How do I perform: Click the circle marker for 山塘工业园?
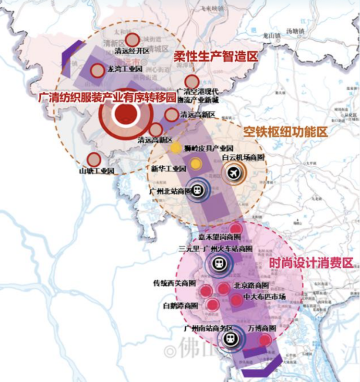click(94, 160)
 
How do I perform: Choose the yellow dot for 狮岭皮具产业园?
click(177, 148)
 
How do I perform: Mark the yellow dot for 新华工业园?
click(195, 164)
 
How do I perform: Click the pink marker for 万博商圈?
click(265, 340)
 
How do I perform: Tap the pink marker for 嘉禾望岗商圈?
click(236, 229)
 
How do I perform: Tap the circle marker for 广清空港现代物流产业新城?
click(192, 82)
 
